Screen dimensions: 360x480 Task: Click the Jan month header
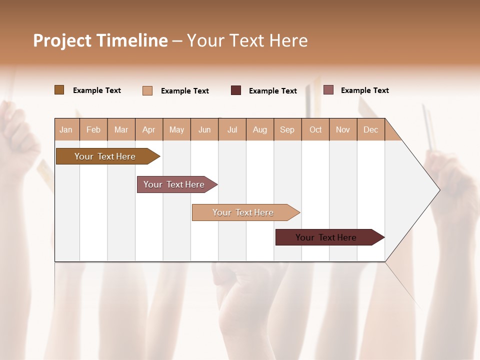pos(66,129)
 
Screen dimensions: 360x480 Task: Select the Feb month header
pos(93,129)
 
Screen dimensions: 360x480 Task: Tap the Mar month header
pos(121,129)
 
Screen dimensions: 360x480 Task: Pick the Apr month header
pos(149,129)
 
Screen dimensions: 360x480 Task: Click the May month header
pos(176,129)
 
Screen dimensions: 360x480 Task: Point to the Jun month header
pos(204,129)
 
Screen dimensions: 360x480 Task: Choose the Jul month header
pos(232,129)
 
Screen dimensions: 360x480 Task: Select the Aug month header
pos(260,129)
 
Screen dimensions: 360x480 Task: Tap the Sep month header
pos(287,129)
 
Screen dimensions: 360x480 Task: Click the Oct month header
pos(315,129)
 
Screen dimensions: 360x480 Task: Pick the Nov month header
pos(343,129)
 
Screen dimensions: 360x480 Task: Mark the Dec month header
pos(371,129)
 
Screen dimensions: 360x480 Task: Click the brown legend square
pos(59,90)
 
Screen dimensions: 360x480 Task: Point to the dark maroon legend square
pos(236,90)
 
